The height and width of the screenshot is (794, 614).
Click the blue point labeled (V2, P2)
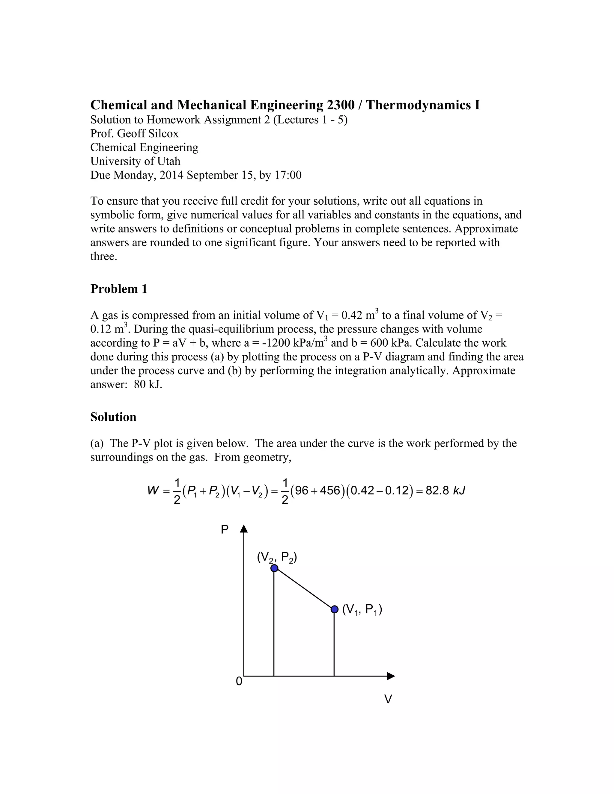pyautogui.click(x=274, y=568)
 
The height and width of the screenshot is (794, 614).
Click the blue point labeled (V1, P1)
pyautogui.click(x=335, y=609)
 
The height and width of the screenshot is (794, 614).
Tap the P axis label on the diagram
pyautogui.click(x=225, y=530)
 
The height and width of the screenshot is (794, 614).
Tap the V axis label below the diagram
pyautogui.click(x=388, y=699)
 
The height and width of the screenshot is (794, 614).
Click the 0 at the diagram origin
pyautogui.click(x=239, y=681)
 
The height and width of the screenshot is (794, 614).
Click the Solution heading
pyautogui.click(x=113, y=417)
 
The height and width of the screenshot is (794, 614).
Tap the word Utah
pyautogui.click(x=168, y=161)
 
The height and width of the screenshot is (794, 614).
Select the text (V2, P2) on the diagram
pyautogui.click(x=277, y=557)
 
